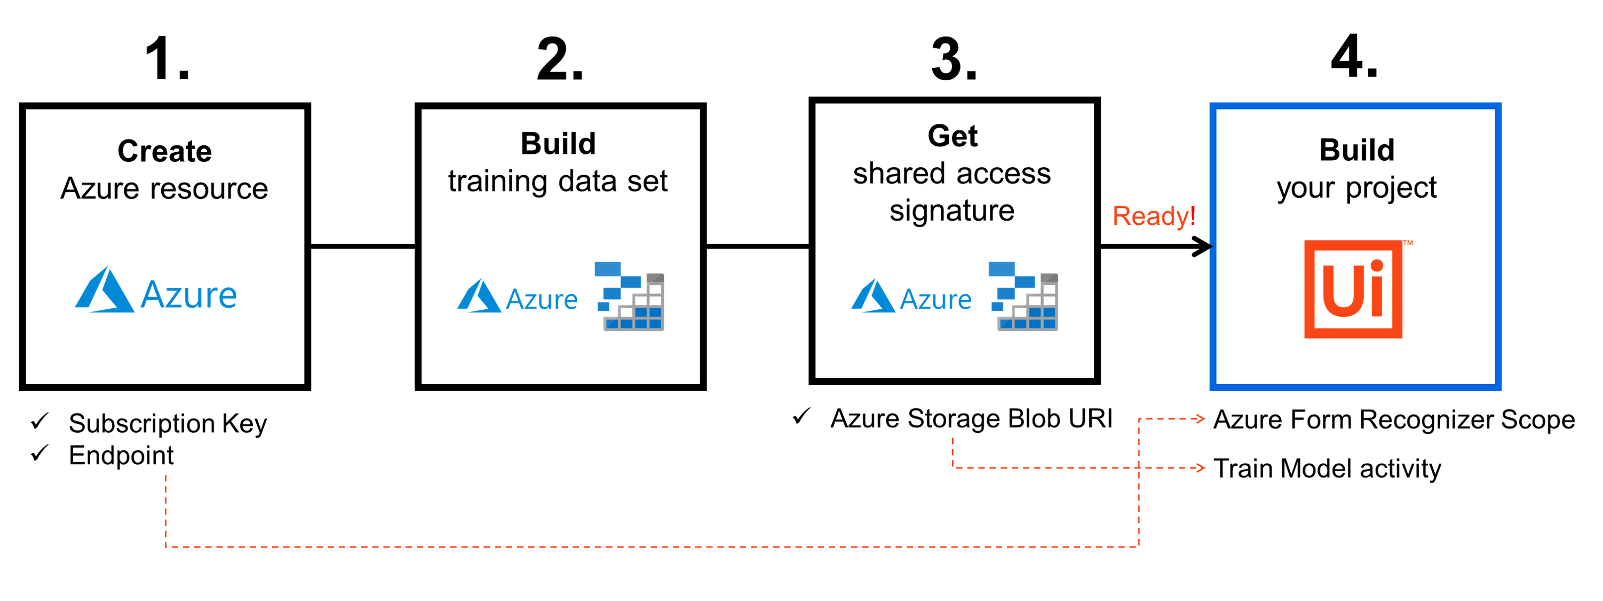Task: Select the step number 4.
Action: tap(1354, 57)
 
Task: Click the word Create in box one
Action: tap(165, 151)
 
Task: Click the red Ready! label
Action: tap(1154, 216)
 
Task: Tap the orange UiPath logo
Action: tap(1353, 290)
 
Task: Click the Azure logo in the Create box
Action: tap(156, 292)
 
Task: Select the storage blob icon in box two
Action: tap(630, 296)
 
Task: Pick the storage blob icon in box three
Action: tap(1023, 296)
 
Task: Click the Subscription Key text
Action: tap(168, 424)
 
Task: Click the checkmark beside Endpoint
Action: tap(40, 454)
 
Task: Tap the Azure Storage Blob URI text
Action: tap(971, 418)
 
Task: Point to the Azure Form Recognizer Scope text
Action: tap(1394, 420)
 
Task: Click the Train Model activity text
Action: tap(1327, 469)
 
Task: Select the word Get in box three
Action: tap(952, 136)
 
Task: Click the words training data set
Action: tap(558, 181)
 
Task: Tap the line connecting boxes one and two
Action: tap(363, 247)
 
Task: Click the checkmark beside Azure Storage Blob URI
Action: tap(801, 416)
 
